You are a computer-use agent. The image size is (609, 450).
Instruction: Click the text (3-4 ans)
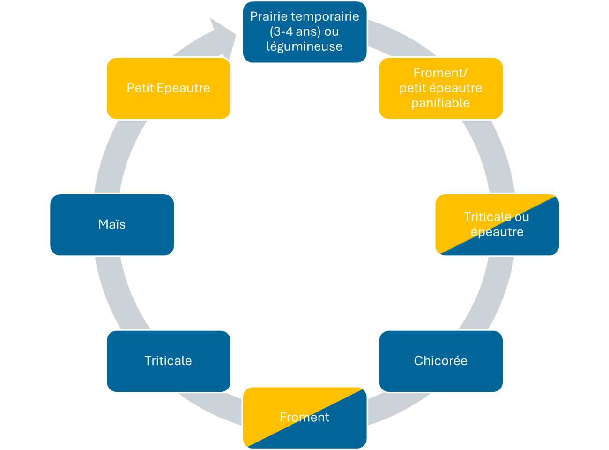pyautogui.click(x=295, y=31)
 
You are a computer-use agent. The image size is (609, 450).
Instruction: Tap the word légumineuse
pyautogui.click(x=304, y=46)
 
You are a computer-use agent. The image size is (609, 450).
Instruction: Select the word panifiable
pyautogui.click(x=440, y=103)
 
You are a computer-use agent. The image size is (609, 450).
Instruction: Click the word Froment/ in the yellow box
pyautogui.click(x=440, y=73)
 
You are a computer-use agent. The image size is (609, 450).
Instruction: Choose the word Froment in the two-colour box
pyautogui.click(x=304, y=417)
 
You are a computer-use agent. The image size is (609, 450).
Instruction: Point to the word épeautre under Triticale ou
pyautogui.click(x=497, y=232)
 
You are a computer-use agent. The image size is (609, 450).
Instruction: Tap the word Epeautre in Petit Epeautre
pyautogui.click(x=183, y=88)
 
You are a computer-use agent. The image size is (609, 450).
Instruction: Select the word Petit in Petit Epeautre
pyautogui.click(x=140, y=88)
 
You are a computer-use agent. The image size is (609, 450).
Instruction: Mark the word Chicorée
pyautogui.click(x=441, y=361)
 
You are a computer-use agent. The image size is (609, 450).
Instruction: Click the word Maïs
pyautogui.click(x=112, y=224)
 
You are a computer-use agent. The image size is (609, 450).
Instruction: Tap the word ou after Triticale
pyautogui.click(x=522, y=217)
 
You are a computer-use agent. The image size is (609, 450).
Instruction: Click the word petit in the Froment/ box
pyautogui.click(x=412, y=88)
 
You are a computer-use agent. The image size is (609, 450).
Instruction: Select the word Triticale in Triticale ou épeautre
pyautogui.click(x=487, y=217)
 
